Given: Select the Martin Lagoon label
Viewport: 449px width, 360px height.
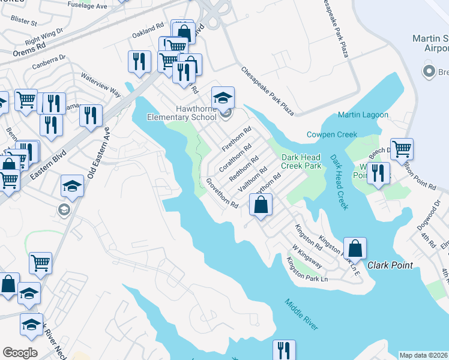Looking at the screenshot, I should click(x=363, y=115).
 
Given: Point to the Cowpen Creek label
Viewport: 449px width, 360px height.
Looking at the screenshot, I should click(x=332, y=134).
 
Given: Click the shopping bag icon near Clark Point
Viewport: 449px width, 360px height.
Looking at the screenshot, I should click(x=355, y=248).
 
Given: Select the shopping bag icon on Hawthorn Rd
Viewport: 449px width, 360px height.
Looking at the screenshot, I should click(x=261, y=205).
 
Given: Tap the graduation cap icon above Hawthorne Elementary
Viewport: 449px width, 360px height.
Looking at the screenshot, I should click(x=223, y=98).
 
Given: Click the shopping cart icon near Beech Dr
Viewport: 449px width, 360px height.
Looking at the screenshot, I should click(x=402, y=148).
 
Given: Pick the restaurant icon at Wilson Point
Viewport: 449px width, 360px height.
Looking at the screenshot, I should click(x=378, y=172).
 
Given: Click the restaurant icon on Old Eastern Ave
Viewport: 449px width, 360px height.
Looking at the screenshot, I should click(x=91, y=116).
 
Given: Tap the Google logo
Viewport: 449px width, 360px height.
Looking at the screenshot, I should click(x=20, y=353).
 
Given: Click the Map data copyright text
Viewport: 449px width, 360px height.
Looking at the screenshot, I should click(x=424, y=355).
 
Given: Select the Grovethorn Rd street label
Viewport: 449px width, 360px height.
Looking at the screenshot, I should click(x=222, y=193).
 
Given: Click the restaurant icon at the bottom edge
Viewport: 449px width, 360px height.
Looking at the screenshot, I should click(x=284, y=350).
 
